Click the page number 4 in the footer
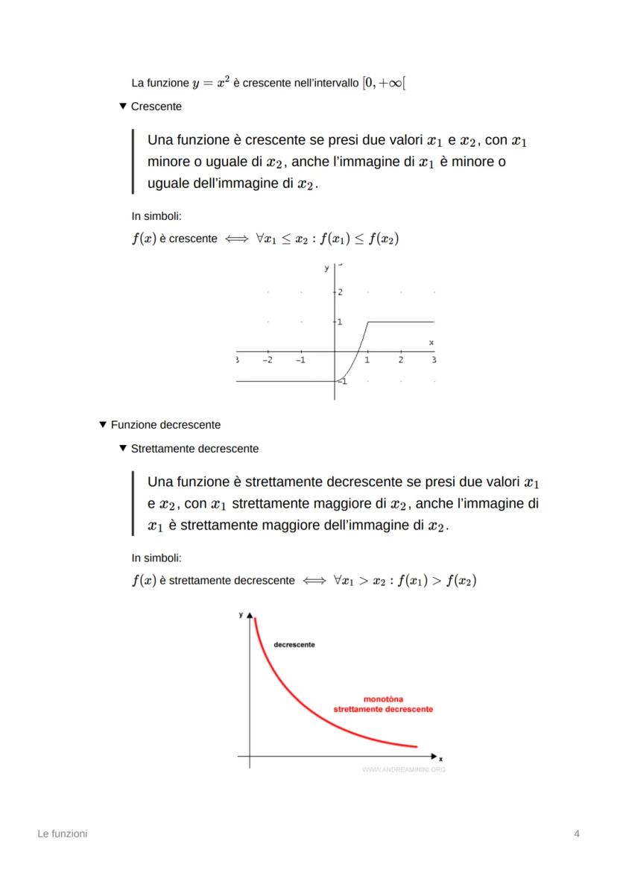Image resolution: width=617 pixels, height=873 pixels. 577,833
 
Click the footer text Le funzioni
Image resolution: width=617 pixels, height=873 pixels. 63,833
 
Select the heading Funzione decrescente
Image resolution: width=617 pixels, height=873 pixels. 165,425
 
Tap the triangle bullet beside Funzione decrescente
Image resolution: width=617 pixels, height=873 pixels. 103,425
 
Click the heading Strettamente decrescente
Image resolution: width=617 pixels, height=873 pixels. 194,449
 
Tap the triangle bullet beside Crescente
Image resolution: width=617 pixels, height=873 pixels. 123,107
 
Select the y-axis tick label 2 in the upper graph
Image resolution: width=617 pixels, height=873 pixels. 340,291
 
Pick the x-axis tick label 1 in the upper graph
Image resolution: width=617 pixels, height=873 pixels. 367,360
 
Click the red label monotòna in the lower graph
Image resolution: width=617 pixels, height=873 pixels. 383,699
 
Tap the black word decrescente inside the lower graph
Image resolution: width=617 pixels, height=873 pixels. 294,644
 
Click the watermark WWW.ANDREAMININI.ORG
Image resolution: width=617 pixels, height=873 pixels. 403,769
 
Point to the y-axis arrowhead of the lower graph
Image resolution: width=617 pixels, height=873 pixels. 250,615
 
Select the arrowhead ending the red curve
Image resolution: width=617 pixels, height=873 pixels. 414,746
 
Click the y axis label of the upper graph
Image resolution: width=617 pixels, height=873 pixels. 326,267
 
